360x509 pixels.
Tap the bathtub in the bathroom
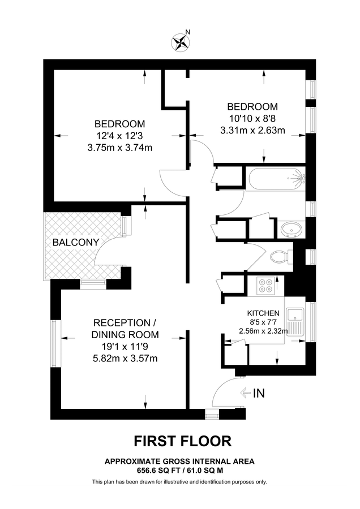(x=276, y=179)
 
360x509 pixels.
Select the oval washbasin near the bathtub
(x=291, y=229)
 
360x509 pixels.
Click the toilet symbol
(x=278, y=257)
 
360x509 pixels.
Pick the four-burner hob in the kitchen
(x=265, y=286)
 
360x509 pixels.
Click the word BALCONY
(x=76, y=242)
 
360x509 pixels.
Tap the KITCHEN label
(x=263, y=313)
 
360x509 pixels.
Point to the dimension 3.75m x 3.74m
(x=119, y=148)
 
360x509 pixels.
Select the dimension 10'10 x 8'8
(x=252, y=119)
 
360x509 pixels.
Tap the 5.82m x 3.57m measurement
(x=125, y=359)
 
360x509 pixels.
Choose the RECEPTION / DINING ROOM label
(x=125, y=329)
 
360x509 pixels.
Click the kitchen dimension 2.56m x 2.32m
(x=263, y=331)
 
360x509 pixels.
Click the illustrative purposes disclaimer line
(x=179, y=482)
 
